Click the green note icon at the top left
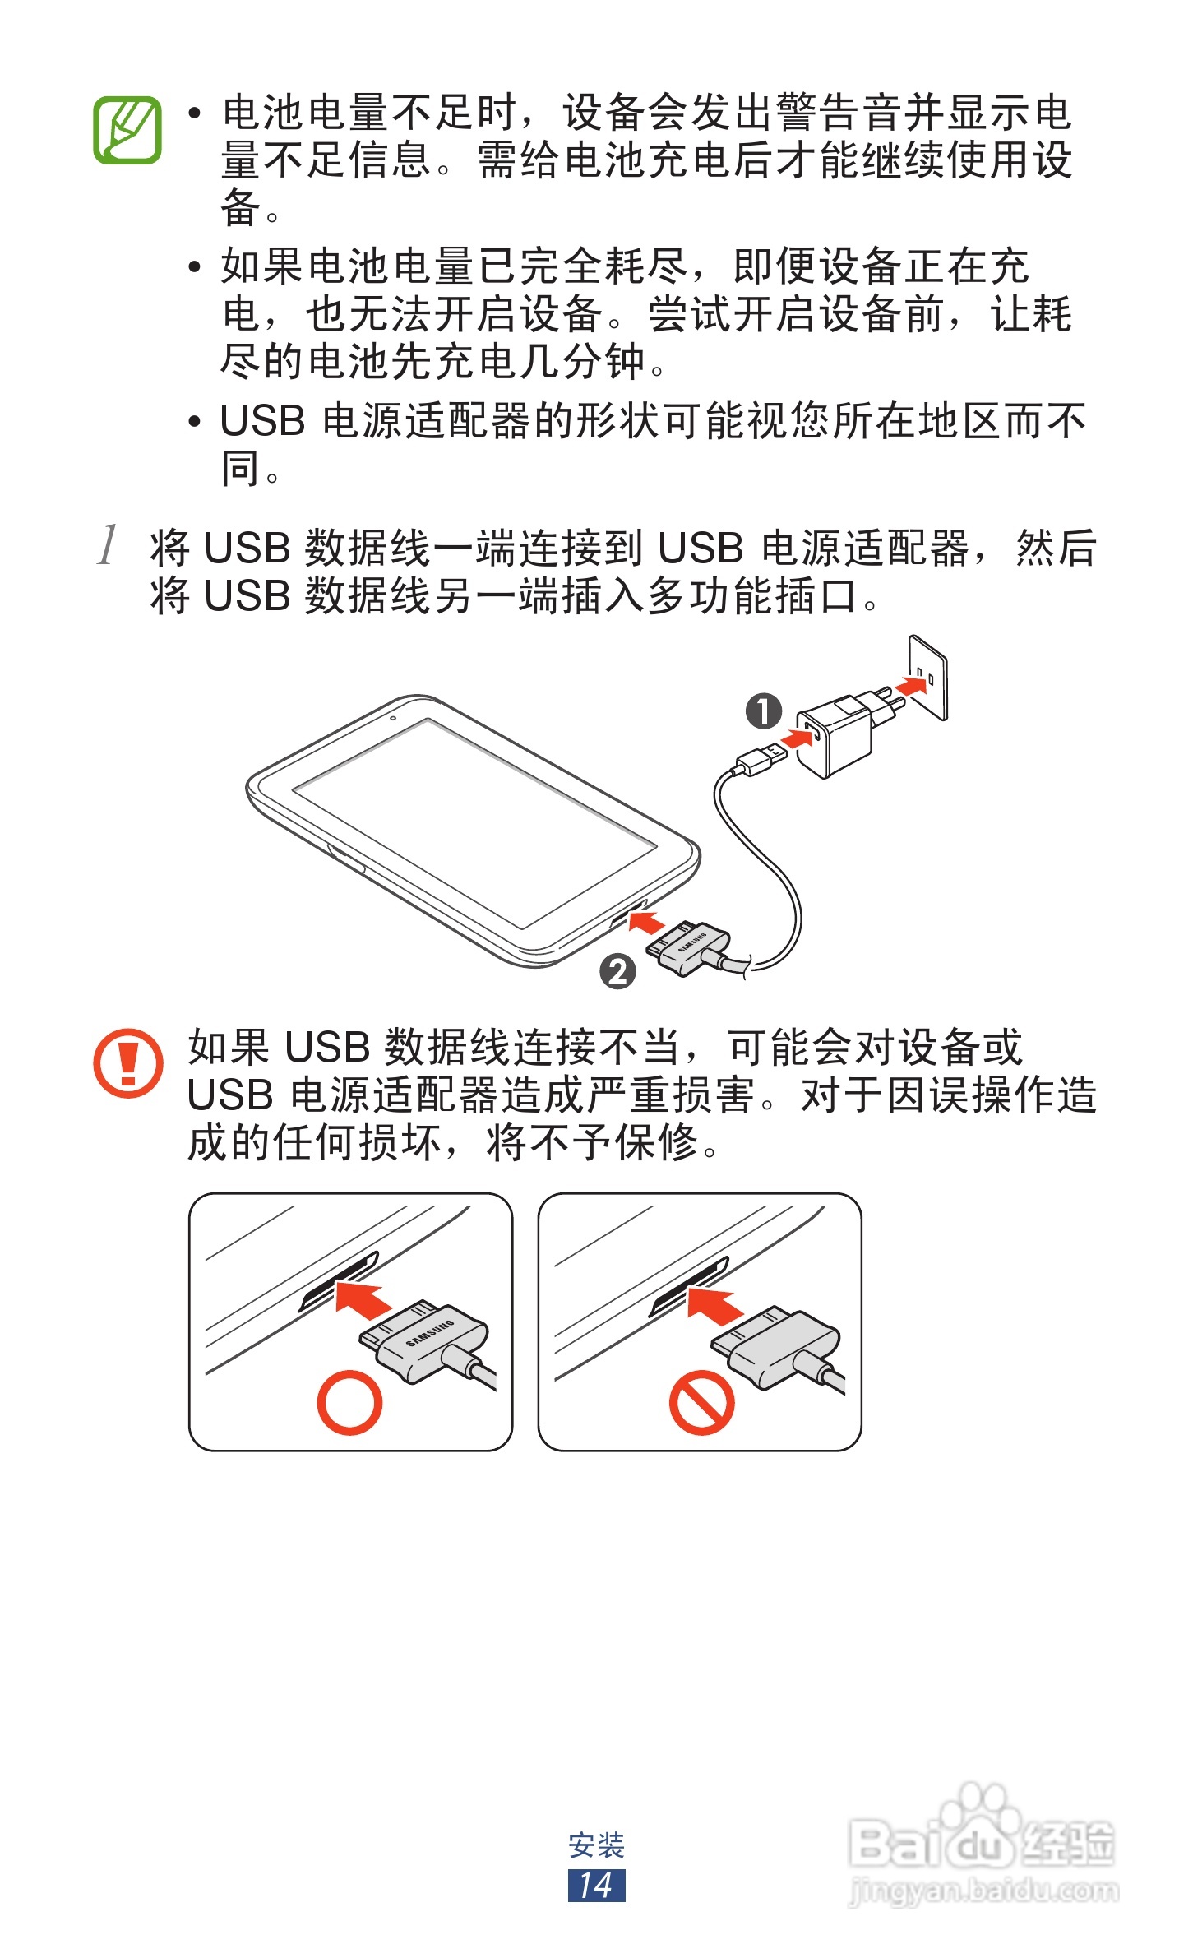[127, 131]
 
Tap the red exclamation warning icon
[127, 1062]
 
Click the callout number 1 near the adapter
[764, 711]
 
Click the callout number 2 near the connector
[618, 971]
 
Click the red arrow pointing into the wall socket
[909, 686]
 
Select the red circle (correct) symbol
[349, 1402]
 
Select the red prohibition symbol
[701, 1402]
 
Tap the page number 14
[596, 1886]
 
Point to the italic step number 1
[108, 545]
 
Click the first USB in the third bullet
[262, 422]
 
